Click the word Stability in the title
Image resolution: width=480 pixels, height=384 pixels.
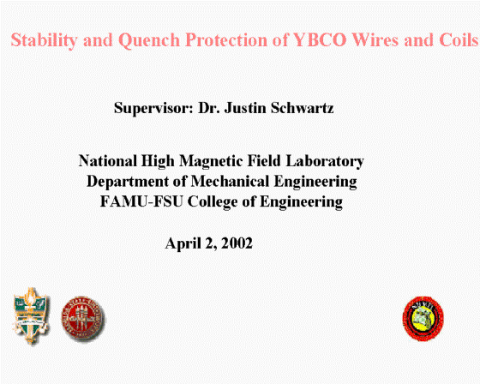(44, 40)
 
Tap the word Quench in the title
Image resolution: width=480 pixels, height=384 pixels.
(149, 40)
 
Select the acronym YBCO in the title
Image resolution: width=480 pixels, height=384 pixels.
(320, 39)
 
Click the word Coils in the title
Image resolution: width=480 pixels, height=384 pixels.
(459, 39)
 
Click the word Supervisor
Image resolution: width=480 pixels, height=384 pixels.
(153, 108)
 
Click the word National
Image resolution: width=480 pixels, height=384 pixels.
(108, 161)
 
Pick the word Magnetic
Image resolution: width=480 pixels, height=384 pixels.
(211, 161)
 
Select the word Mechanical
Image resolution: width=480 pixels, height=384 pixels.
(230, 181)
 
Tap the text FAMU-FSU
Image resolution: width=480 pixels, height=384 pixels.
(141, 201)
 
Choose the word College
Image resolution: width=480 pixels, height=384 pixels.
(213, 202)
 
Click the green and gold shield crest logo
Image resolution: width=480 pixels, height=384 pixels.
(31, 315)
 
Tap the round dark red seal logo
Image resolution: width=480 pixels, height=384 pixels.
(83, 319)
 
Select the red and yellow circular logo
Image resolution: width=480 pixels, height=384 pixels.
(423, 319)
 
